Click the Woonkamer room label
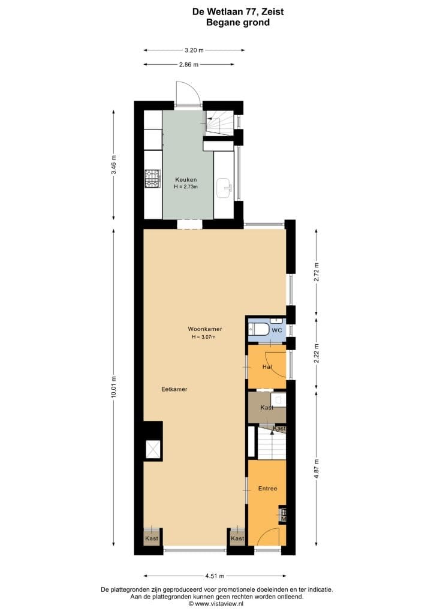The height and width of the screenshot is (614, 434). pos(205,329)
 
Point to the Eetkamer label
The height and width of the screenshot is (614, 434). pos(174,389)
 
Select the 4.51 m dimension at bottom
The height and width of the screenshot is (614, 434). pos(214,576)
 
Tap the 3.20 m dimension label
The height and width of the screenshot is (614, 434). pos(194,50)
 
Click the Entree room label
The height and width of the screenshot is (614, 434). pos(267,489)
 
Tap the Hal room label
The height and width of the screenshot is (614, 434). pos(267,366)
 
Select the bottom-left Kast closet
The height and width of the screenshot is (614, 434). pos(152,538)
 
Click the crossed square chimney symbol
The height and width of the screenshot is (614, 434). pos(153,449)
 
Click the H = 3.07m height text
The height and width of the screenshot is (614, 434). pos(203,337)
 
